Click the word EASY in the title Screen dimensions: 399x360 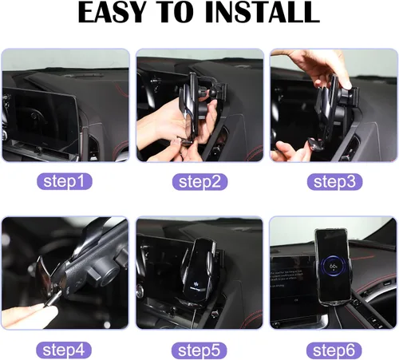click(x=113, y=12)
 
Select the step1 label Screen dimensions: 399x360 click(x=65, y=181)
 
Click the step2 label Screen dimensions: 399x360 click(x=199, y=182)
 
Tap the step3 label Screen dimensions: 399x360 click(x=334, y=182)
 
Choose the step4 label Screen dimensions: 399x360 click(x=64, y=350)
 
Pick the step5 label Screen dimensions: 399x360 click(x=199, y=350)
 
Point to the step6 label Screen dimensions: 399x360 click(x=334, y=350)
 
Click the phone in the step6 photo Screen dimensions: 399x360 click(x=333, y=267)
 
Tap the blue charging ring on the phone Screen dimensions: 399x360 click(x=333, y=267)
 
